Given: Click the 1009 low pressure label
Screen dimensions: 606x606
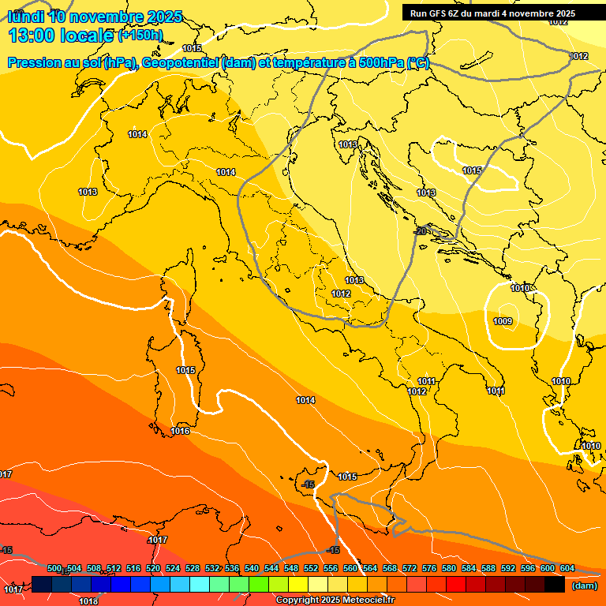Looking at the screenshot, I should pos(503,321).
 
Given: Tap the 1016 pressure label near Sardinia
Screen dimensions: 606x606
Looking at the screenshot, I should pos(181,431).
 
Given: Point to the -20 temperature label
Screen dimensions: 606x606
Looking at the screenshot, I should pos(421,230).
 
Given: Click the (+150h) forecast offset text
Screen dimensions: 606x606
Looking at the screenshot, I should pos(140,35).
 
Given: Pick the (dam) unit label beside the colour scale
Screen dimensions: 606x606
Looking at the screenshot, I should pos(583,585).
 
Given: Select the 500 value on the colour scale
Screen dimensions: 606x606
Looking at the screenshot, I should pos(54,568).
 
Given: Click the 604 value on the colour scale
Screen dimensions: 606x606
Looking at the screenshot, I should pos(567,568).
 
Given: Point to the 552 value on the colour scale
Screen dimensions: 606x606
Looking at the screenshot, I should pos(311,568).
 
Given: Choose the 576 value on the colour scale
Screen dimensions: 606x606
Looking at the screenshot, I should pos(429,568).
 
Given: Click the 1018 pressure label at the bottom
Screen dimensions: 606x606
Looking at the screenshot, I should pos(88,602).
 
